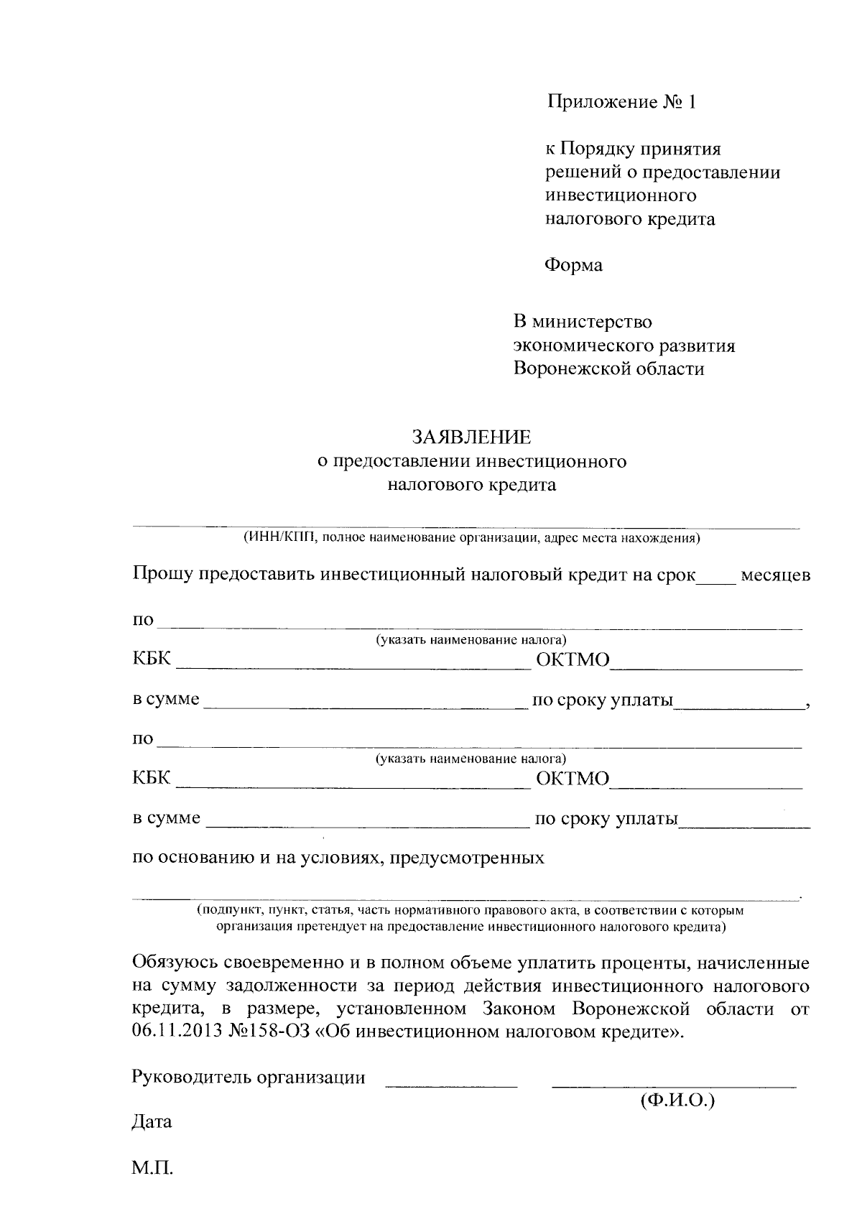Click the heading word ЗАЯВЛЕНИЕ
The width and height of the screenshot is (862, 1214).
(x=471, y=437)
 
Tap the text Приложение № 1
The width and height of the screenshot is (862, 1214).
(x=622, y=102)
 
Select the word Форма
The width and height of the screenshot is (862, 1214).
(x=573, y=266)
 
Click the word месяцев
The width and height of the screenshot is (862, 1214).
(x=775, y=576)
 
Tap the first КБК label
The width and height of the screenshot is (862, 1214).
(x=152, y=659)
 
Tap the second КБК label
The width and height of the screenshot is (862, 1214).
(x=152, y=778)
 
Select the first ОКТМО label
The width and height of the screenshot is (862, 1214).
(x=573, y=660)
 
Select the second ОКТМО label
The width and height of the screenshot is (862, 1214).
(x=573, y=779)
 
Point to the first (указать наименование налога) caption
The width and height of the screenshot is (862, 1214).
(x=471, y=640)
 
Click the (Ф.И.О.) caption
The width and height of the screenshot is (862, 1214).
(x=677, y=1100)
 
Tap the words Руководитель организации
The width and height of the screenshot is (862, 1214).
(x=249, y=1078)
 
